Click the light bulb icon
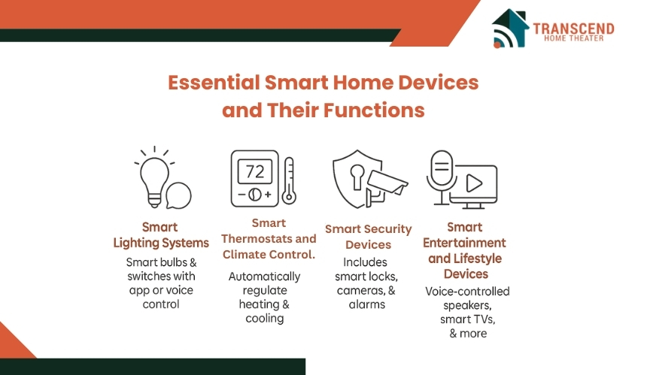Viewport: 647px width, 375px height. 154,182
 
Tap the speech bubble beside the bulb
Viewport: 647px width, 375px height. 178,195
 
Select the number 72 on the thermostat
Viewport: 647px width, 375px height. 254,171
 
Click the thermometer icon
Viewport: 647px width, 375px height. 289,181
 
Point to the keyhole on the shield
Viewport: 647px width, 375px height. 357,177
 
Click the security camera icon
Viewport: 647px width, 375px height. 385,187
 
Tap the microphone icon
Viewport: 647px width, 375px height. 442,177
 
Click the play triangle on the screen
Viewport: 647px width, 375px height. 474,183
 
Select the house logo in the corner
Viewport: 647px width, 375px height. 510,29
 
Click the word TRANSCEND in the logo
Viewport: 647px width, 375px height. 573,29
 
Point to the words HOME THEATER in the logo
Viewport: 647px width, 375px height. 573,38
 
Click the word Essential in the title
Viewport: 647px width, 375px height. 214,83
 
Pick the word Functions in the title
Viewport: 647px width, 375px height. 374,110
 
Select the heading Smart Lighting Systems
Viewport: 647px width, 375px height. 161,235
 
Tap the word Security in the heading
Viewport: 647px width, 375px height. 388,229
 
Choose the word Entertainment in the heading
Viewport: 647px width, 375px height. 464,243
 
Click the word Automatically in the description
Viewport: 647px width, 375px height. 265,276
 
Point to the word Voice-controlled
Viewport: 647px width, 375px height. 467,292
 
